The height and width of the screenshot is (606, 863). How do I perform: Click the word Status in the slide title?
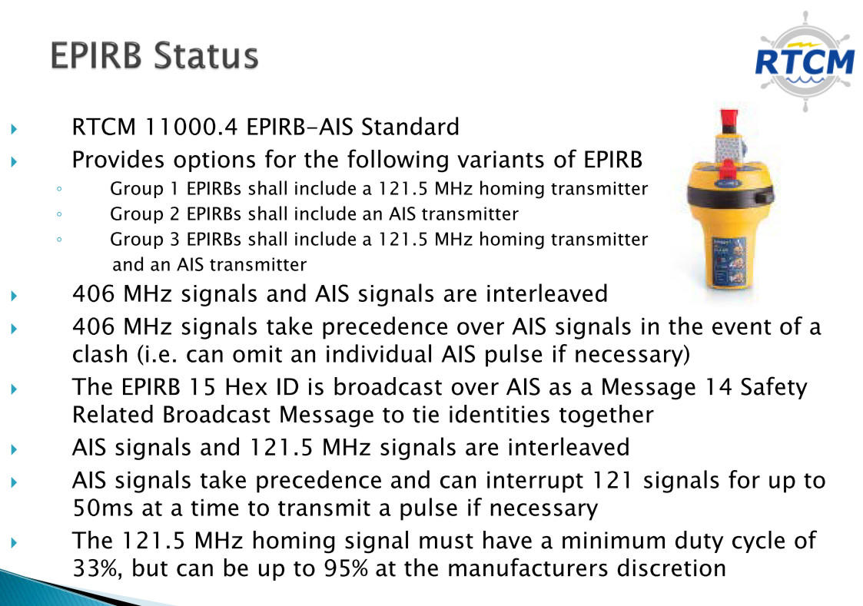coord(205,55)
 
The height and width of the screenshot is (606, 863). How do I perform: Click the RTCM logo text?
coord(804,62)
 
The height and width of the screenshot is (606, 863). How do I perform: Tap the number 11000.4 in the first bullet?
coord(191,127)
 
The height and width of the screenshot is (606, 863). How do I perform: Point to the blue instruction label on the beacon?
coord(729,260)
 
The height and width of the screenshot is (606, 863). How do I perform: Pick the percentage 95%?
coord(346,568)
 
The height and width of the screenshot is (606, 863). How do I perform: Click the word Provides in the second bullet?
coord(118,160)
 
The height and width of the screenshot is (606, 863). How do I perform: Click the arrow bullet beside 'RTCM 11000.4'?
coord(14,129)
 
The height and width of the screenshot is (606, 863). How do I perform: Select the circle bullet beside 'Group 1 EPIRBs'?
coord(59,189)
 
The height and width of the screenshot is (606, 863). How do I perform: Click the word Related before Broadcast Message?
coord(113,415)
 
